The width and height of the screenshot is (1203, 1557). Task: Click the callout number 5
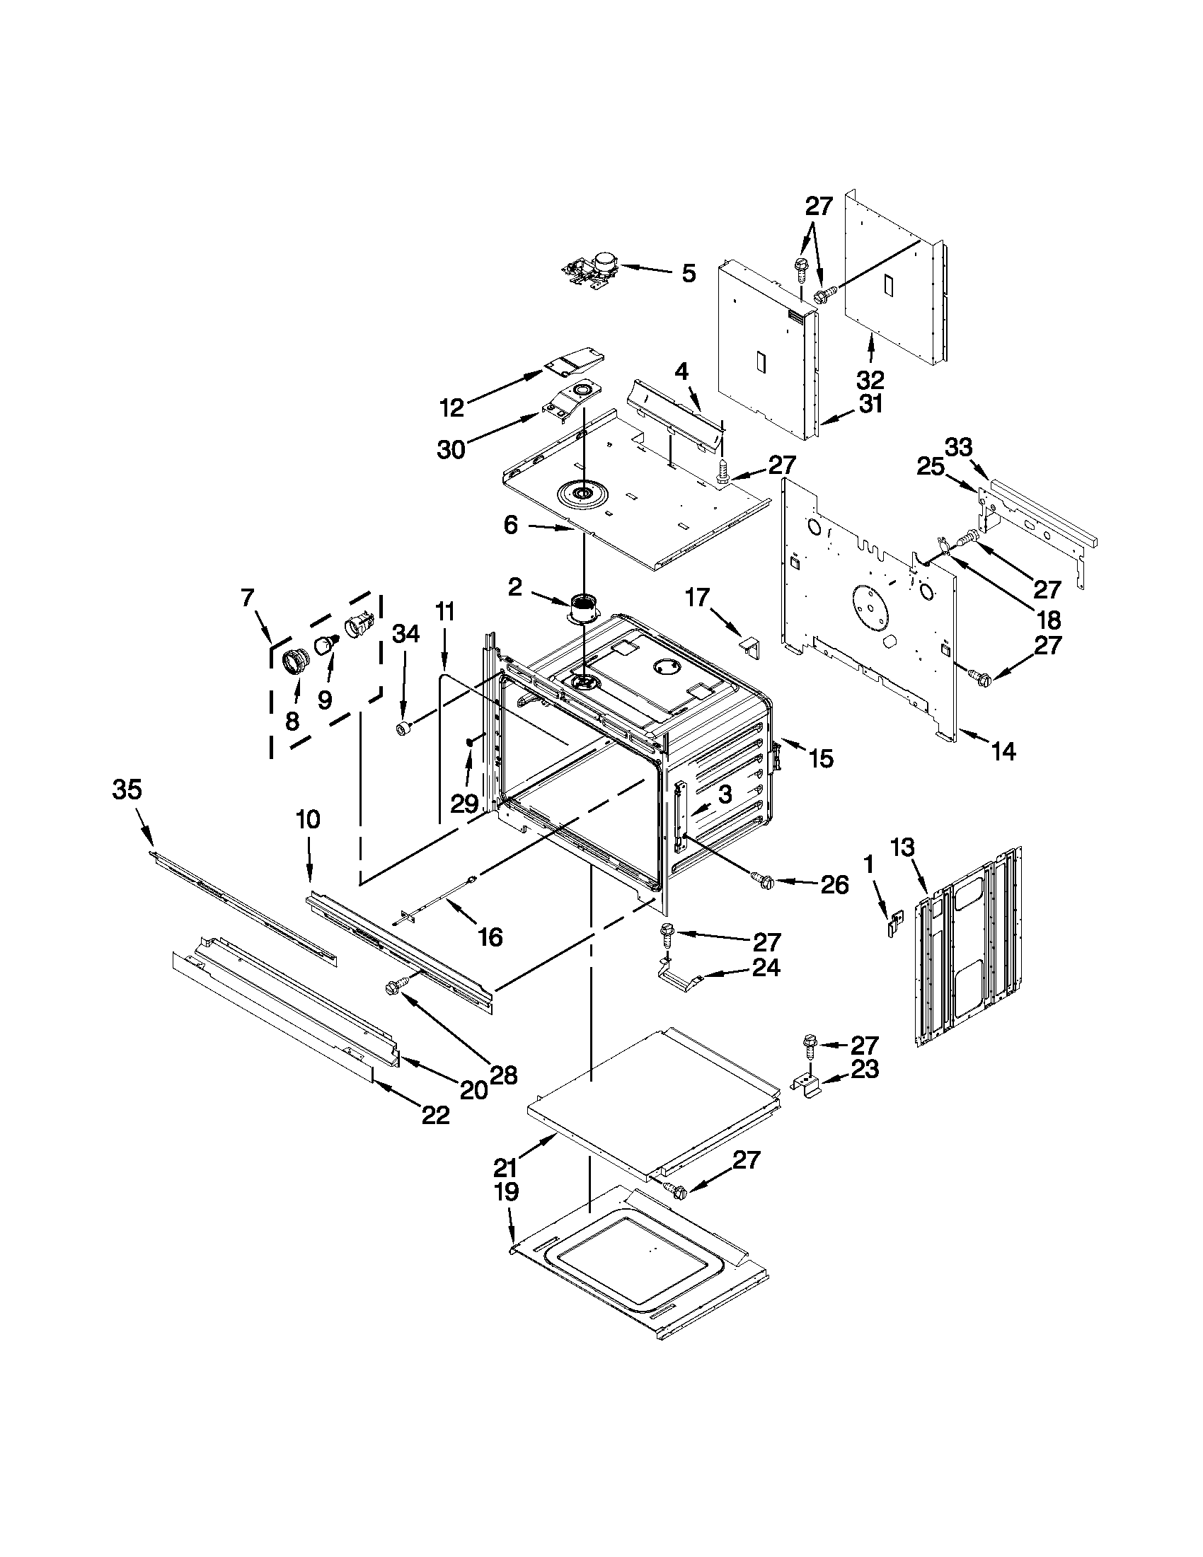pos(688,273)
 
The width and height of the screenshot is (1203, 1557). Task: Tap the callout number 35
pos(127,789)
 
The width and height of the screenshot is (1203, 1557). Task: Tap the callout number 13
pos(902,847)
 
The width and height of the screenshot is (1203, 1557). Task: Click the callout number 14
pos(1003,751)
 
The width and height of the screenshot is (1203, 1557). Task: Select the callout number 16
pos(490,936)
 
